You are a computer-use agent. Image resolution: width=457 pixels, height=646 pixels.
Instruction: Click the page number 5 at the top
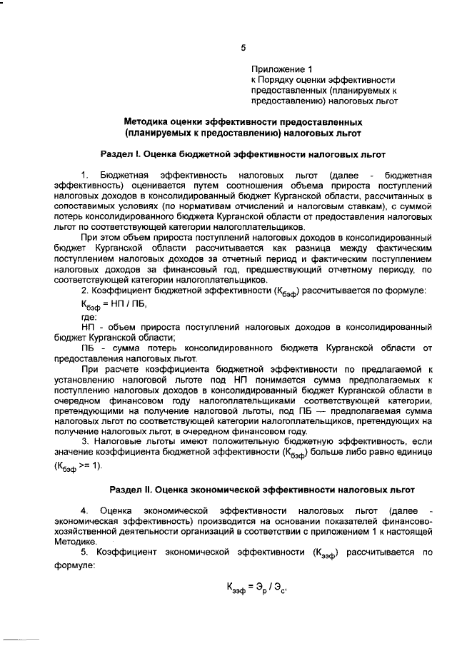click(243, 48)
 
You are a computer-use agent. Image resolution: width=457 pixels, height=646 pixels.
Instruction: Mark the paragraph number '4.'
click(85, 511)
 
